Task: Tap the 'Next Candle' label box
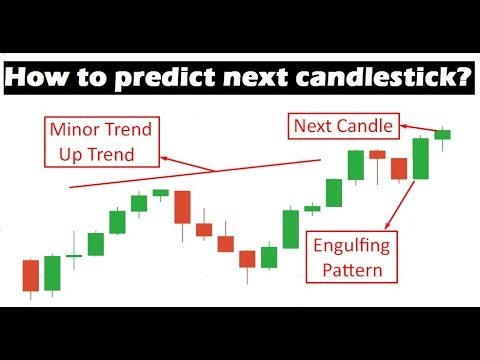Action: pyautogui.click(x=342, y=126)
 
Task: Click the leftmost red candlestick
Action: pyautogui.click(x=30, y=275)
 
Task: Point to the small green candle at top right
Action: pyautogui.click(x=442, y=134)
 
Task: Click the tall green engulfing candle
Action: pyautogui.click(x=419, y=158)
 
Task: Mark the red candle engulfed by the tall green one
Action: pyautogui.click(x=398, y=168)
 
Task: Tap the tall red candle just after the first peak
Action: pyautogui.click(x=181, y=207)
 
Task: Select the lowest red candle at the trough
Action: pyautogui.click(x=247, y=259)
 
